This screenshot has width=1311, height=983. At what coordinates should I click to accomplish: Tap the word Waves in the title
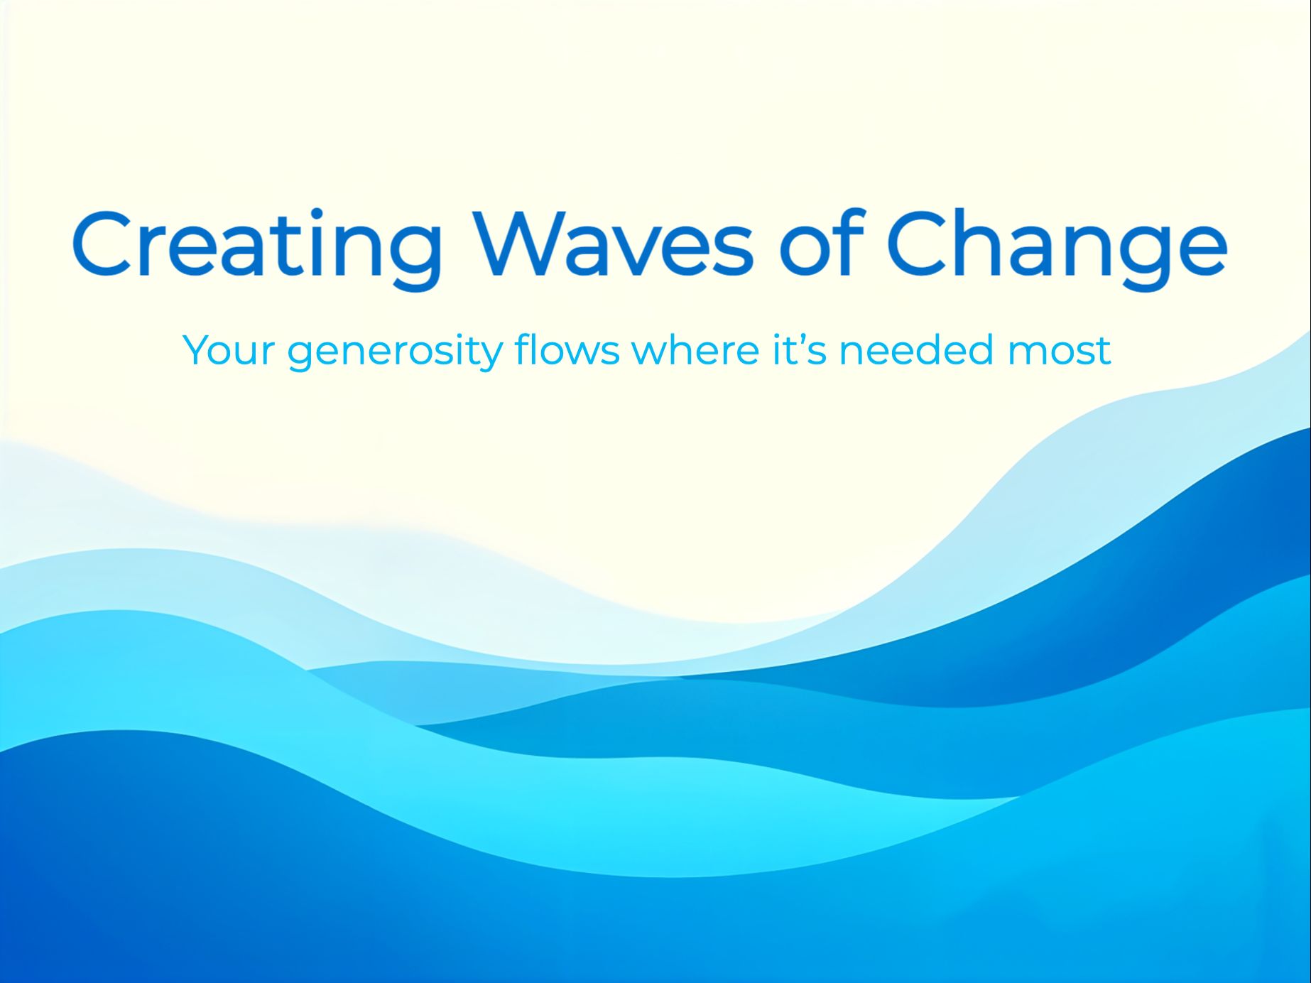(614, 243)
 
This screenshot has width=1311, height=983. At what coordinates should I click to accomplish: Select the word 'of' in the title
(821, 243)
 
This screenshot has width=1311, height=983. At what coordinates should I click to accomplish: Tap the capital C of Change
(917, 243)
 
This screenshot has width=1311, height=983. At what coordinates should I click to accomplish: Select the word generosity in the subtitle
(393, 351)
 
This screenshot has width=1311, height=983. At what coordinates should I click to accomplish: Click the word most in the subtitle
(1059, 351)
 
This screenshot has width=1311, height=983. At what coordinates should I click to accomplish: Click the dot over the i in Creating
(316, 214)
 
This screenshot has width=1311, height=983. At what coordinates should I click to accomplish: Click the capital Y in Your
(197, 349)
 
